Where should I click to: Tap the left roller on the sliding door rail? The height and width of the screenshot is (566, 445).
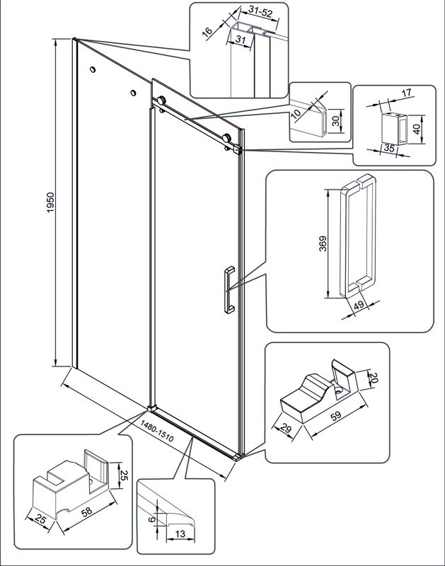tap(162, 100)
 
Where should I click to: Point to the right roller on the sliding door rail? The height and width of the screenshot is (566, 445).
tap(227, 138)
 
